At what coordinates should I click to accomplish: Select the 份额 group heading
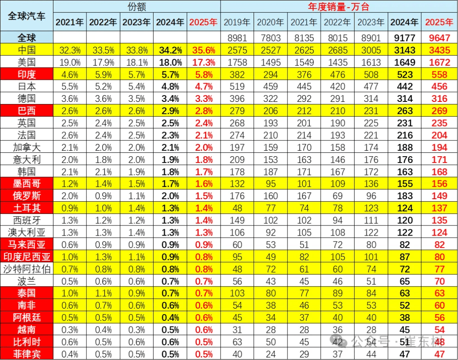point(137,6)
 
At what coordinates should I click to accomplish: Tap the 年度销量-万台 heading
point(338,6)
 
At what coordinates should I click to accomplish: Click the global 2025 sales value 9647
point(438,38)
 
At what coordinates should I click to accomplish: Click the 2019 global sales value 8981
point(237,38)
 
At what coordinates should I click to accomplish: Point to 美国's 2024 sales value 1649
point(404,62)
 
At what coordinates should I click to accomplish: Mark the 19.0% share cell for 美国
point(70,62)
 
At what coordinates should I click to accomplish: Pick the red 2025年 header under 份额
point(204,22)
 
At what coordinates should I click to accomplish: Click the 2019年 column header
point(237,22)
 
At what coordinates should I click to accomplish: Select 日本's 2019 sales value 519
point(237,87)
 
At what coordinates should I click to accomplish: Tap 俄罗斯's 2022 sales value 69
point(338,195)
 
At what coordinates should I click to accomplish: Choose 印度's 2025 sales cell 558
point(438,75)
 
